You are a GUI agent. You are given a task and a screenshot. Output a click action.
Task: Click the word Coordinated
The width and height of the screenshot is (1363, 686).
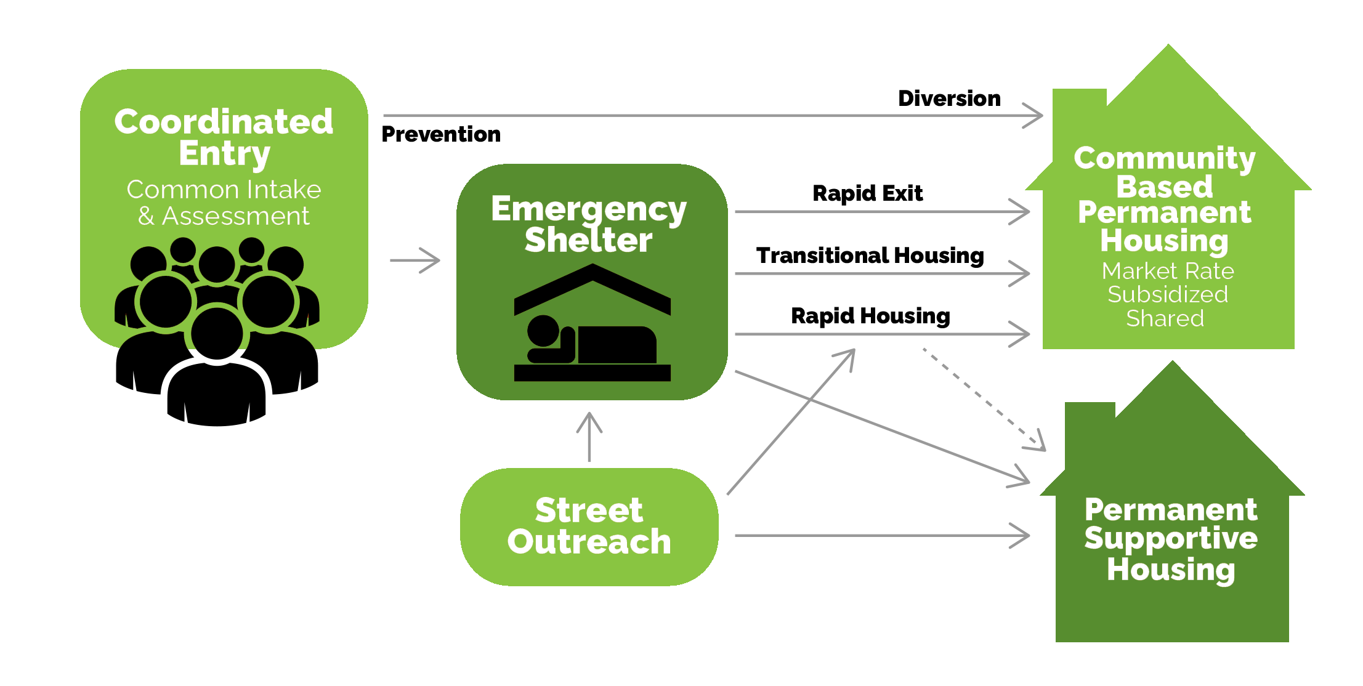[x=224, y=122]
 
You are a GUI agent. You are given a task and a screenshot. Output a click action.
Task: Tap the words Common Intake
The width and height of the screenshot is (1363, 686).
[x=224, y=190]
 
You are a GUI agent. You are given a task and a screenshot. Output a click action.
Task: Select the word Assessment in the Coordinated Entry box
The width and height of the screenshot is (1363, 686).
[x=235, y=216]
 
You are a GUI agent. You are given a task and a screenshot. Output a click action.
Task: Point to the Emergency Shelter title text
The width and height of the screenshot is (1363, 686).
[x=589, y=224]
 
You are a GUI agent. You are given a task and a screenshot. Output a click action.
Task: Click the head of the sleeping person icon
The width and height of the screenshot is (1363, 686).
[x=543, y=331]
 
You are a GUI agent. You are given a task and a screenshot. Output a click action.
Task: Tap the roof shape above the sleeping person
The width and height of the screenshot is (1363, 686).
[x=592, y=286]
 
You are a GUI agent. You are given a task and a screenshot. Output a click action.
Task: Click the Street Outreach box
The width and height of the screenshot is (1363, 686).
[x=589, y=527]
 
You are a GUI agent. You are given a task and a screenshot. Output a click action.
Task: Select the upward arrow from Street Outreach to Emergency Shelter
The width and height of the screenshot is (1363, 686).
[x=589, y=437]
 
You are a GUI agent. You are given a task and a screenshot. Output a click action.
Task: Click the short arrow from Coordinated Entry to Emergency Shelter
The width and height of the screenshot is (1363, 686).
[x=415, y=260]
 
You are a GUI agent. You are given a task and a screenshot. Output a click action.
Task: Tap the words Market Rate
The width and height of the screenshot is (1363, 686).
[x=1167, y=271]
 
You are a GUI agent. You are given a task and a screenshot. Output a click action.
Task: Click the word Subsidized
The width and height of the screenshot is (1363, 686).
[x=1167, y=294]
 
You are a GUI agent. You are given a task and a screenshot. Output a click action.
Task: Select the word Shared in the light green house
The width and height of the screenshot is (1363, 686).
[x=1165, y=318]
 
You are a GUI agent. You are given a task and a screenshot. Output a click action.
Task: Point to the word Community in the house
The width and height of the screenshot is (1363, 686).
[x=1164, y=159]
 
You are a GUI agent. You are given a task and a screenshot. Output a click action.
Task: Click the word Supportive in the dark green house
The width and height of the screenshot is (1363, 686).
[x=1171, y=539]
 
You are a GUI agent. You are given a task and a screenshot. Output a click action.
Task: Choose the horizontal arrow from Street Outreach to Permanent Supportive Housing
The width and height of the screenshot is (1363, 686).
[x=881, y=535]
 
